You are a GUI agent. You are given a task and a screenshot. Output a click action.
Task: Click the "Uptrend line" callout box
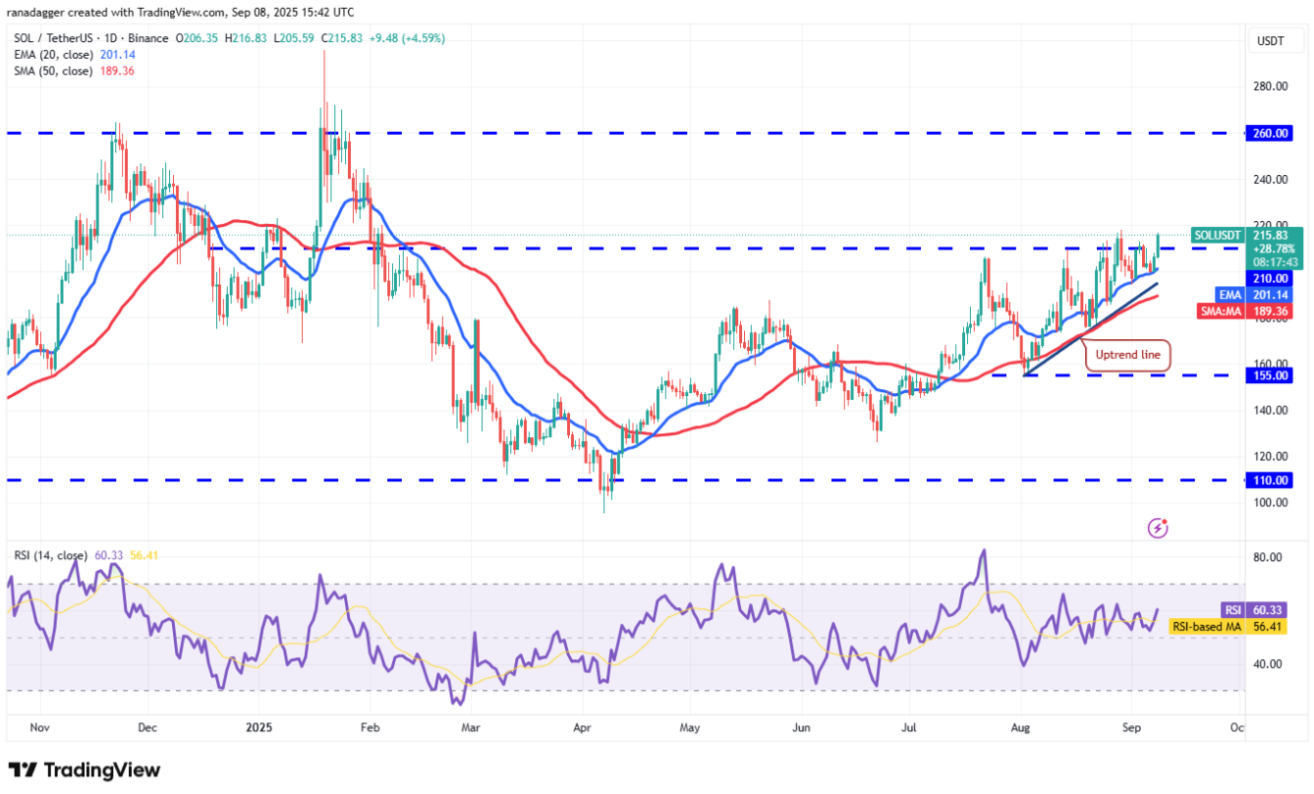[1128, 355]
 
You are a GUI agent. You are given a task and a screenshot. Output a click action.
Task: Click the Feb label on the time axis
[370, 729]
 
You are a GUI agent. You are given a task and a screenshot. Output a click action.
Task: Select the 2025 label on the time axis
[259, 729]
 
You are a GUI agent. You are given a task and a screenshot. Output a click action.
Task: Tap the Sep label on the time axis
[1131, 729]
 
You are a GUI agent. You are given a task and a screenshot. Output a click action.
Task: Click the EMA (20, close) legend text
[53, 55]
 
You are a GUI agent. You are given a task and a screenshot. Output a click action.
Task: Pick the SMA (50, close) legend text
[53, 71]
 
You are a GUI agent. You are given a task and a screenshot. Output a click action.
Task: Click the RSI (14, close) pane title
[49, 556]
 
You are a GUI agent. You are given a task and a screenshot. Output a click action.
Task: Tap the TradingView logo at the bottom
[85, 770]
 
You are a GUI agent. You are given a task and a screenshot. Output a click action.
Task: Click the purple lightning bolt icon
[1158, 529]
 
